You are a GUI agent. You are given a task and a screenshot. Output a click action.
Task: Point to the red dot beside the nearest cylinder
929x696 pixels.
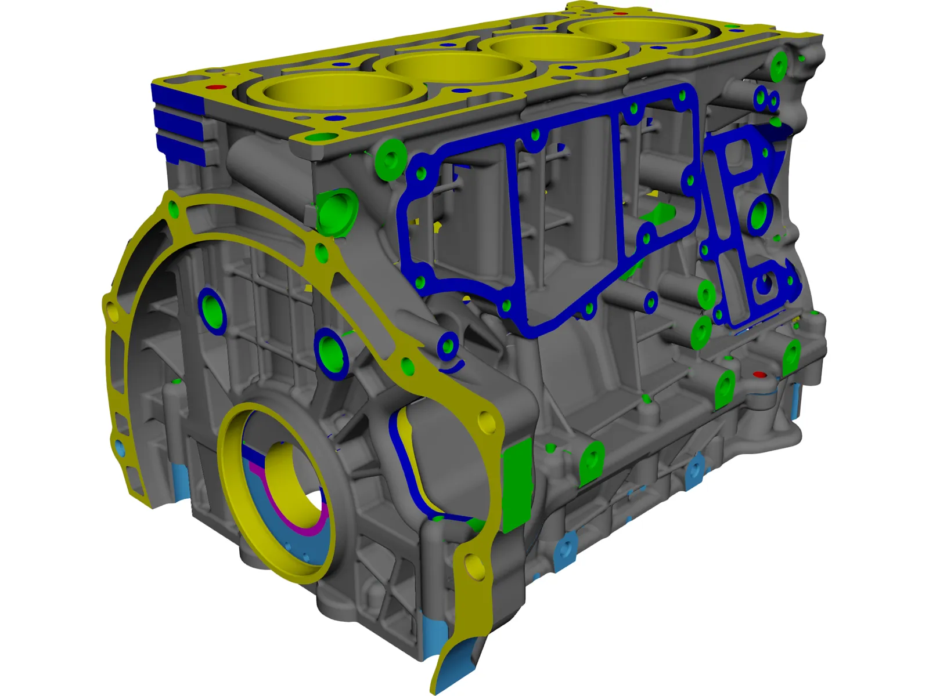(x=216, y=88)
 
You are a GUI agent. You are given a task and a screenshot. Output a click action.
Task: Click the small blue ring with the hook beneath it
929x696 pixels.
(x=448, y=347)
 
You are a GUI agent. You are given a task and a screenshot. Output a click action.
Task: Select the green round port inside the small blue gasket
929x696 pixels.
(x=759, y=215)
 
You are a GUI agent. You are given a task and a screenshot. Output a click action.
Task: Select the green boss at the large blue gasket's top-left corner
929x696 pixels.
(x=390, y=157)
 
